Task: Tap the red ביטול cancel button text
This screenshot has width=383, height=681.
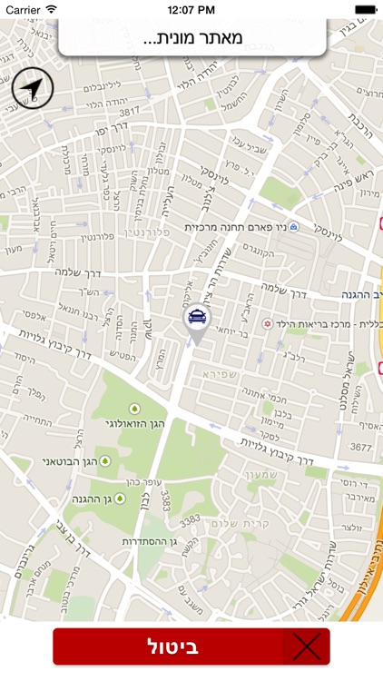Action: coord(172,647)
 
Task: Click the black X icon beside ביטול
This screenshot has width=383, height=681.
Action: coord(307,647)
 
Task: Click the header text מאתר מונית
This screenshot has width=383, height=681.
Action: coord(192,39)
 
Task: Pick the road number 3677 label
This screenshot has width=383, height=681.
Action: coord(361,446)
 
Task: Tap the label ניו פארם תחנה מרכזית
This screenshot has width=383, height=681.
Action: coord(235,227)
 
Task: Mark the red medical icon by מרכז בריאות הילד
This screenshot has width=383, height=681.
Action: coord(267,323)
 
